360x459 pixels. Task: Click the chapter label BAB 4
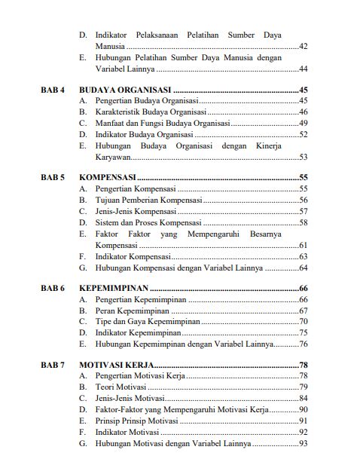[x=53, y=90]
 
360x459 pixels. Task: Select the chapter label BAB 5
[x=53, y=177]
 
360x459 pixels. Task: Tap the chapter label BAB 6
[x=53, y=289]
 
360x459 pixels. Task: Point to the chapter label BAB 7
[x=53, y=365]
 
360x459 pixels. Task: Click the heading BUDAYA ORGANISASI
[x=124, y=90]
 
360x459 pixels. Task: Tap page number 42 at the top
[x=304, y=47]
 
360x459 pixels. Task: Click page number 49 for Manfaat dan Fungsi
[x=304, y=124]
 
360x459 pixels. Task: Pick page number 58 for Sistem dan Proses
[x=304, y=223]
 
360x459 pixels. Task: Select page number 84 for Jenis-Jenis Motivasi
[x=304, y=398]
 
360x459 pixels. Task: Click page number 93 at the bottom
[x=304, y=444]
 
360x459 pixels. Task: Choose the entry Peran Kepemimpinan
[x=133, y=311]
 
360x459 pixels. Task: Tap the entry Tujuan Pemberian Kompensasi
[x=148, y=200]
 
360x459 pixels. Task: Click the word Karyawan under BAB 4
[x=113, y=158]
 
